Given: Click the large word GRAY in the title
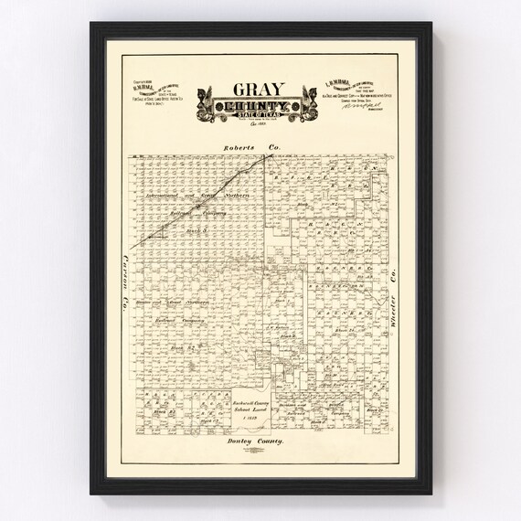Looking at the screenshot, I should pos(260,92).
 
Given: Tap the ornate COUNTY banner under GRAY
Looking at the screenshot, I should pos(260,110).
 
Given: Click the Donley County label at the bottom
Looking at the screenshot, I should pos(258,441).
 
